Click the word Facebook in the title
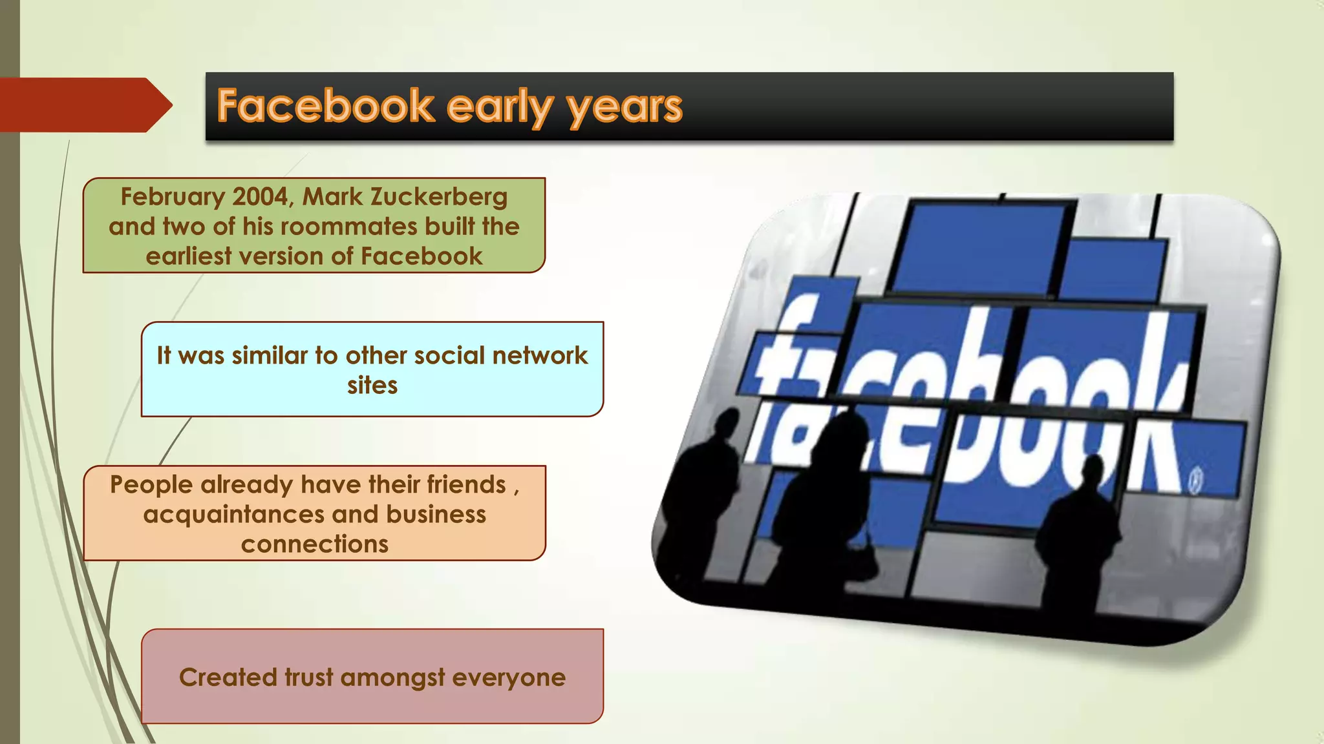coord(325,106)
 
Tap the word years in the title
coord(625,107)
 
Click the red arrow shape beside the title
coord(84,105)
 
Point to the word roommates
coord(340,227)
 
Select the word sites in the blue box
coord(372,386)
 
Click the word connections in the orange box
coord(314,544)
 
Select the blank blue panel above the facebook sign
coord(979,249)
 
